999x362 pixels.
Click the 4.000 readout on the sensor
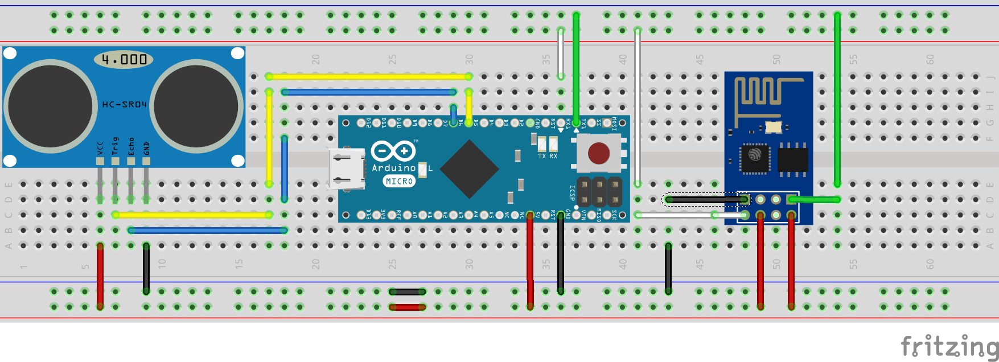pyautogui.click(x=124, y=59)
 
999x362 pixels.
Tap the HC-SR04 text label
pyautogui.click(x=124, y=105)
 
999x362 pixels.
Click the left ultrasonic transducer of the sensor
pyautogui.click(x=50, y=106)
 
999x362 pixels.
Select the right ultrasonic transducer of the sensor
pyautogui.click(x=196, y=106)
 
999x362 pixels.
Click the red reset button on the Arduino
pyautogui.click(x=598, y=153)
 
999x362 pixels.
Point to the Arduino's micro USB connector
pyautogui.click(x=346, y=168)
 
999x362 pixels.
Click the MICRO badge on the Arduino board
pyautogui.click(x=399, y=181)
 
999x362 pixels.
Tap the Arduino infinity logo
pyautogui.click(x=393, y=151)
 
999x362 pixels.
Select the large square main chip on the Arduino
pyautogui.click(x=470, y=169)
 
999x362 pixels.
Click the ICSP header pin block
pyautogui.click(x=599, y=192)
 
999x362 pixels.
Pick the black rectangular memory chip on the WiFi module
pyautogui.click(x=792, y=159)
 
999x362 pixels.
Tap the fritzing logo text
pyautogui.click(x=949, y=346)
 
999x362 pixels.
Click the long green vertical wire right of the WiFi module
pyautogui.click(x=837, y=100)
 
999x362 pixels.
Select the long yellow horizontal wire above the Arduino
pyautogui.click(x=369, y=76)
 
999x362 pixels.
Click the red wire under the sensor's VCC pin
pyautogui.click(x=100, y=276)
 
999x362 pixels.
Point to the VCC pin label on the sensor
pyautogui.click(x=100, y=148)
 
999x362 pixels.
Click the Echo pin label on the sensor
pyautogui.click(x=131, y=146)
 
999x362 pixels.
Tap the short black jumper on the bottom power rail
pyautogui.click(x=407, y=291)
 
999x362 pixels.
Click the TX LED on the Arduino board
pyautogui.click(x=541, y=144)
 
